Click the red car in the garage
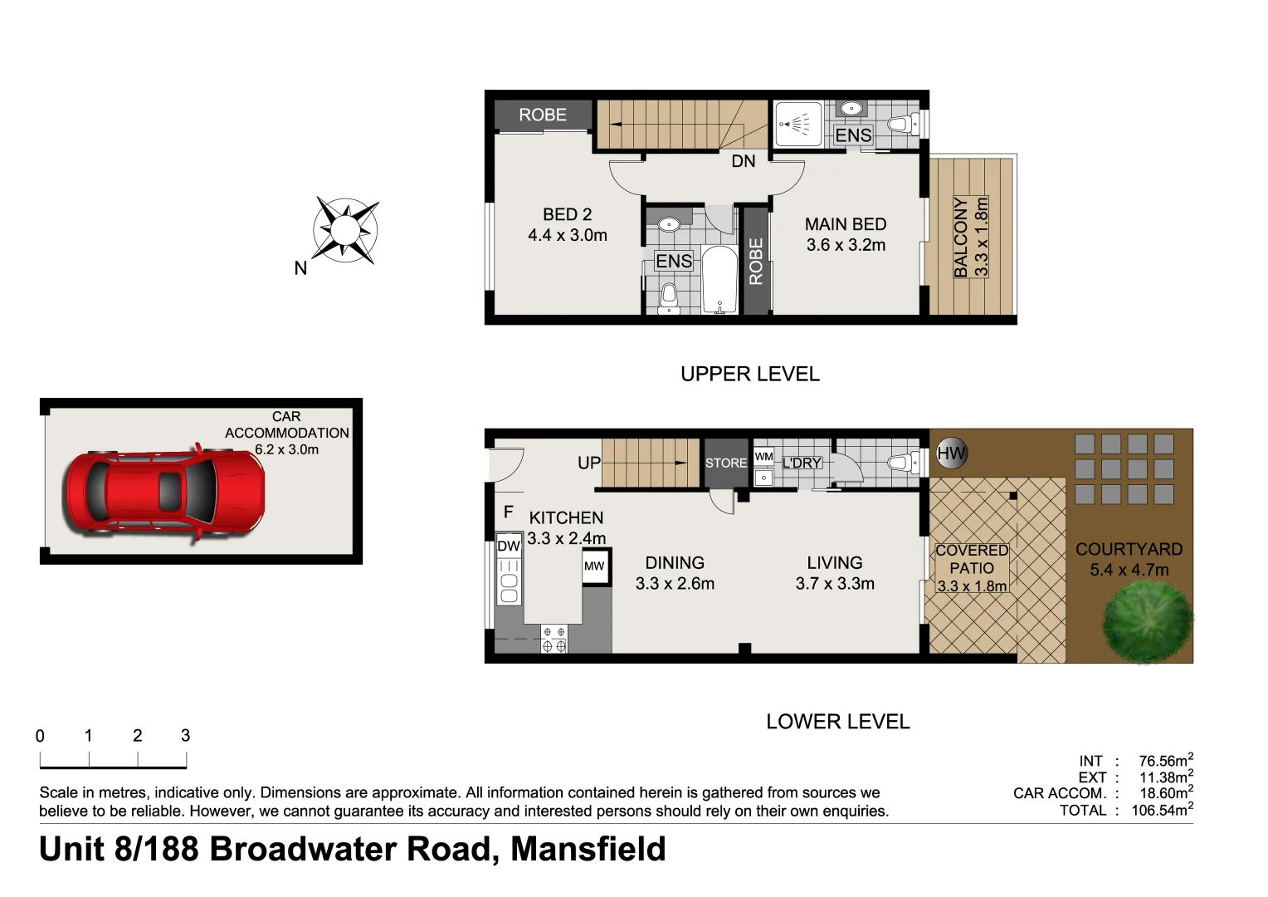point(165,493)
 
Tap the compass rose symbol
point(345,230)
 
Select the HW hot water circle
point(951,453)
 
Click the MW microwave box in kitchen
point(594,566)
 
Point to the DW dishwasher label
point(508,546)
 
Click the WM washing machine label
point(763,457)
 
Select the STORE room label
point(726,463)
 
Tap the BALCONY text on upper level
point(961,237)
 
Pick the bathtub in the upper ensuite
point(719,280)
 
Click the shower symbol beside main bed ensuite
point(797,125)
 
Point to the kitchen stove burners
point(554,639)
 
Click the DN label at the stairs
point(743,161)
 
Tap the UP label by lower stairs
point(588,463)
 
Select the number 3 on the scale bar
point(185,735)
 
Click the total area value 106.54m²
point(1162,810)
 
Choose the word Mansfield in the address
point(588,849)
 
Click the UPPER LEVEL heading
point(749,374)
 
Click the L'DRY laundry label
point(801,463)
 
